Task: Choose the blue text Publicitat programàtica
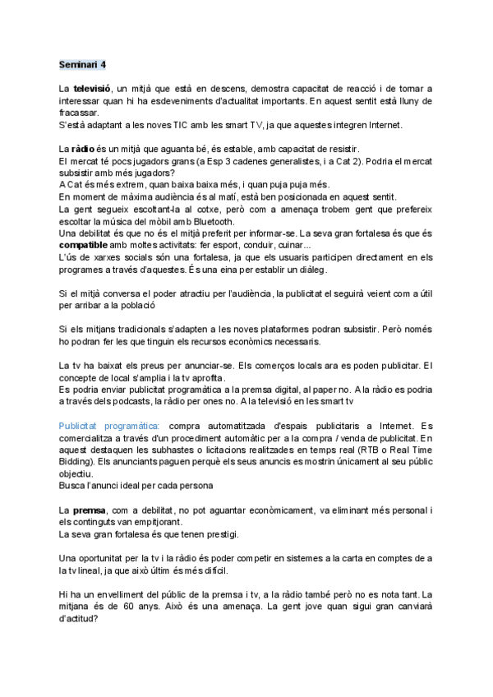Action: coord(110,425)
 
